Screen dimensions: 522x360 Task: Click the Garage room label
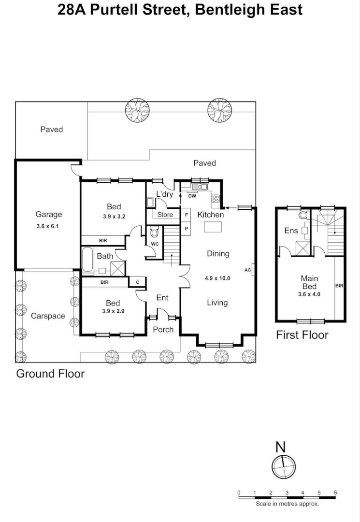point(48,215)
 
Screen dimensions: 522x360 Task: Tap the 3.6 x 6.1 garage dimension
point(48,226)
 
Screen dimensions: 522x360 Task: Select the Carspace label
point(48,316)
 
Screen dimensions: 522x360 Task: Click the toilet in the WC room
point(154,232)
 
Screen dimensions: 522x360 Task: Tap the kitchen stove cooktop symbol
point(216,198)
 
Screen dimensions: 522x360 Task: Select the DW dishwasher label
point(192,196)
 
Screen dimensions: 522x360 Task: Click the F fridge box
point(186,215)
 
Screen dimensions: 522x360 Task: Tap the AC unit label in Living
point(248,270)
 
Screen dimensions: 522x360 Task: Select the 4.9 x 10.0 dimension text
point(217,278)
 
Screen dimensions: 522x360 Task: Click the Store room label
point(165,215)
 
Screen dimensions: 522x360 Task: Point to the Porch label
point(163,330)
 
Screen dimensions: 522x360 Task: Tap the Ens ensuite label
point(291,231)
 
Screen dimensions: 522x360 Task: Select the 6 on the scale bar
point(335,493)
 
